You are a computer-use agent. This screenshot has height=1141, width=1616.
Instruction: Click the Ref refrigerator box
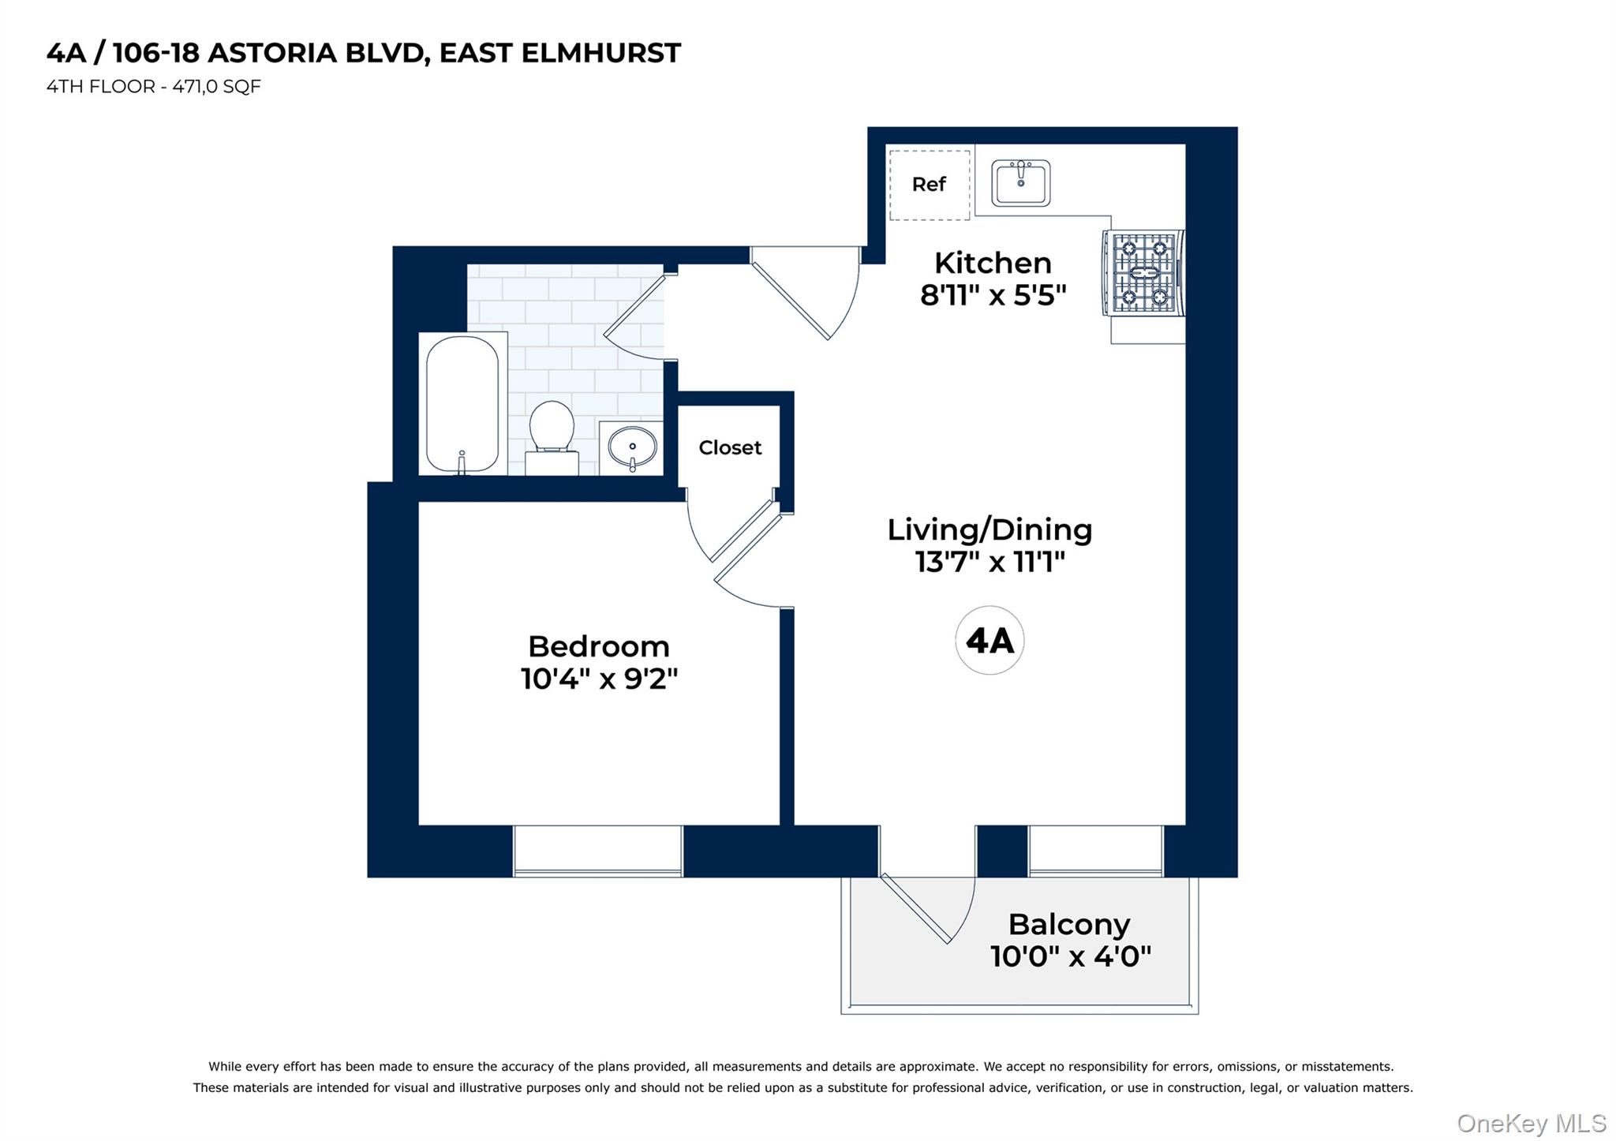pyautogui.click(x=929, y=185)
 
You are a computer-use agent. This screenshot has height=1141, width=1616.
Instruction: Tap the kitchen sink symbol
pyautogui.click(x=1020, y=183)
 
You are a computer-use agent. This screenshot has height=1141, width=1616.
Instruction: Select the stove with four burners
pyautogui.click(x=1144, y=273)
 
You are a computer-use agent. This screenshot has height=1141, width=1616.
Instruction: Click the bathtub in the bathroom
pyautogui.click(x=462, y=404)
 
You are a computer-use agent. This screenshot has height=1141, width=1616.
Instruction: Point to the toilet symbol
pyautogui.click(x=552, y=436)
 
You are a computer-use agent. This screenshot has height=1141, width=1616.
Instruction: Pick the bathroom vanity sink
pyautogui.click(x=631, y=448)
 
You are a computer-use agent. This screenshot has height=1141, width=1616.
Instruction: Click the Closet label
pyautogui.click(x=730, y=447)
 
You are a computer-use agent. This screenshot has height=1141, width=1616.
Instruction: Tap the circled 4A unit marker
pyautogui.click(x=989, y=640)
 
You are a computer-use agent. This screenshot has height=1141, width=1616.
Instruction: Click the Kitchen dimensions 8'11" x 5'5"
pyautogui.click(x=993, y=295)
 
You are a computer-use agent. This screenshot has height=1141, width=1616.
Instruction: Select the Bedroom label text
pyautogui.click(x=598, y=646)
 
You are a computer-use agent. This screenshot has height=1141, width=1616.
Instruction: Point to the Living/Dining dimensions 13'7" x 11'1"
pyautogui.click(x=989, y=562)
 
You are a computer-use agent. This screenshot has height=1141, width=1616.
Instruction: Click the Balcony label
pyautogui.click(x=1068, y=923)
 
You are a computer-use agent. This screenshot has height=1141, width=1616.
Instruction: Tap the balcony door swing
pyautogui.click(x=931, y=907)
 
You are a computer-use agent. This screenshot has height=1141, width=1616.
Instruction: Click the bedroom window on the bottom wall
pyautogui.click(x=597, y=851)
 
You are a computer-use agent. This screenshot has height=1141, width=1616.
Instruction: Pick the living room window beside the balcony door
pyautogui.click(x=1095, y=851)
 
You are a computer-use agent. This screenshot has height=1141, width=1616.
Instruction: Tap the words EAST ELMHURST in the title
pyautogui.click(x=559, y=53)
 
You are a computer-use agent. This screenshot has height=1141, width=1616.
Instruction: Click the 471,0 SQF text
pyautogui.click(x=216, y=86)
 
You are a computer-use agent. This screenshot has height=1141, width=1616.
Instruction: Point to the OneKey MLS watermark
pyautogui.click(x=1531, y=1123)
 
